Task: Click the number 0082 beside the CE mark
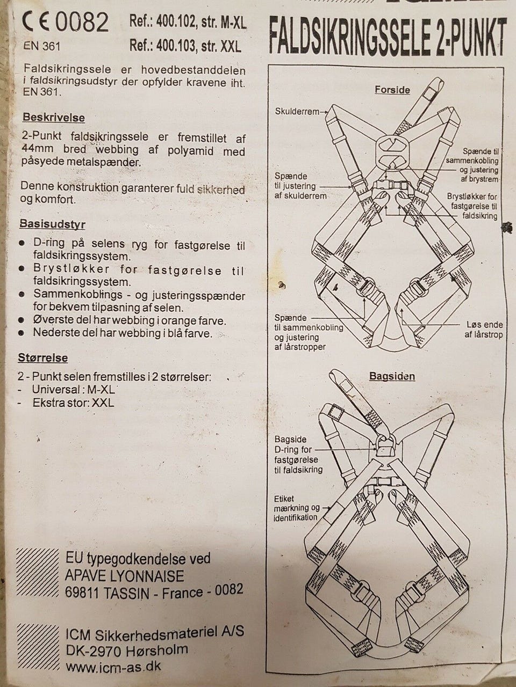pyautogui.click(x=82, y=23)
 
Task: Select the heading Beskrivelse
pyautogui.click(x=54, y=118)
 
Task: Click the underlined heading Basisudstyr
pyautogui.click(x=52, y=224)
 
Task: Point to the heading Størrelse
pyautogui.click(x=42, y=357)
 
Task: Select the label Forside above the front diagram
pyautogui.click(x=392, y=90)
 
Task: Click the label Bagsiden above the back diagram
pyautogui.click(x=392, y=376)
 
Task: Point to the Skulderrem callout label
pyautogui.click(x=297, y=112)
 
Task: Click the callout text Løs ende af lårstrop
pyautogui.click(x=483, y=330)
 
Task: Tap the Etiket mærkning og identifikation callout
pyautogui.click(x=296, y=508)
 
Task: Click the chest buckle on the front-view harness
pyautogui.click(x=391, y=185)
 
